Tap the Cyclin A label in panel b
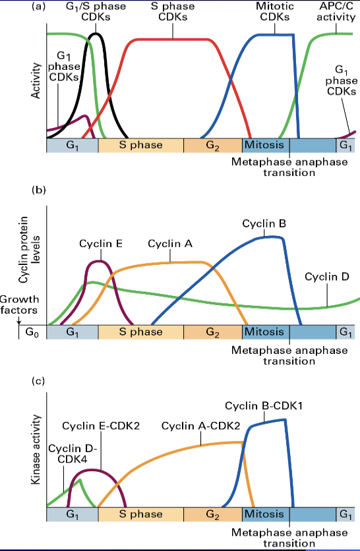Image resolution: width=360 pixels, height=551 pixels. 169,243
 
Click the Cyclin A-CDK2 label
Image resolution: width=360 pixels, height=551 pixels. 191,426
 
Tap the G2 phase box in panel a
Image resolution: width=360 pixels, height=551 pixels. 212,145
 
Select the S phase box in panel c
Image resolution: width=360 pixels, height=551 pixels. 140,513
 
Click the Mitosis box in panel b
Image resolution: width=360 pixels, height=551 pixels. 264,332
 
